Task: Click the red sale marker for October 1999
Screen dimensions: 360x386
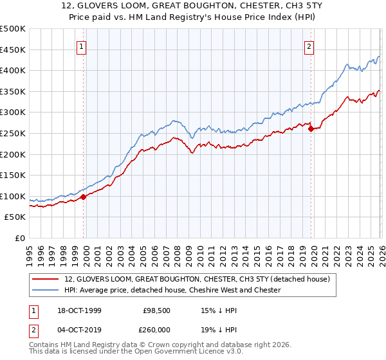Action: pyautogui.click(x=84, y=197)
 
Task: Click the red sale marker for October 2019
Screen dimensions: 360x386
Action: pyautogui.click(x=311, y=129)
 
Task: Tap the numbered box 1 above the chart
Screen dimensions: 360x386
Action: pyautogui.click(x=82, y=46)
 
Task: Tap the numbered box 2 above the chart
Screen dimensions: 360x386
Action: pyautogui.click(x=309, y=46)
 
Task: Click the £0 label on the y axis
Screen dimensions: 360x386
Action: pyautogui.click(x=19, y=238)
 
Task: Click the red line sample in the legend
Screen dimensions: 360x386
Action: pyautogui.click(x=46, y=280)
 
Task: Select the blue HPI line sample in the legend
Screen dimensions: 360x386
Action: pyautogui.click(x=46, y=291)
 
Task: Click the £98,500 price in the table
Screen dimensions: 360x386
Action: pyautogui.click(x=156, y=311)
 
